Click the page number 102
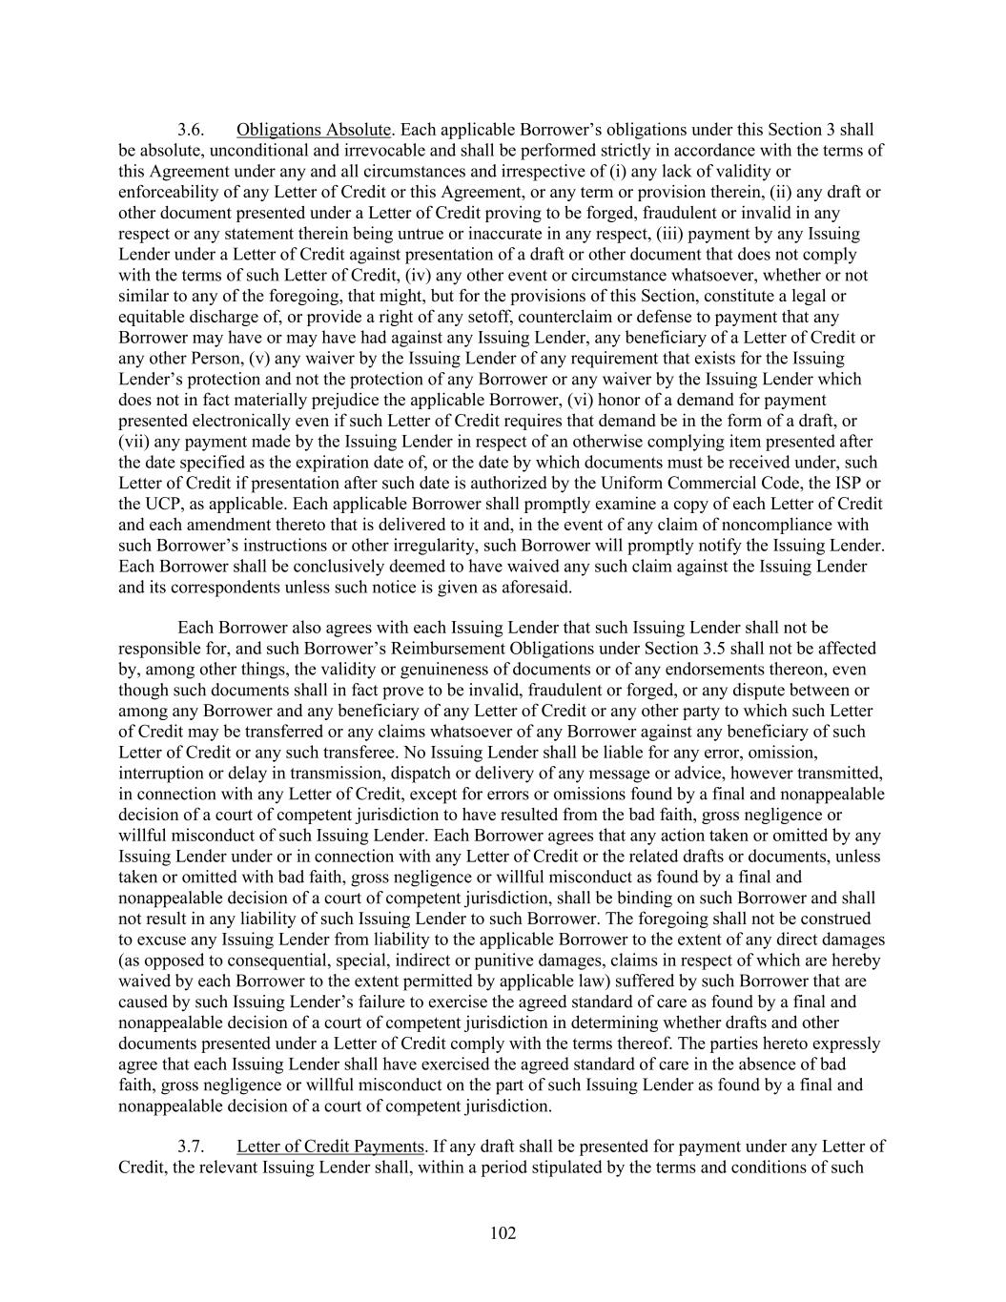tap(503, 1233)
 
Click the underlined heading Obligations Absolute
tap(314, 130)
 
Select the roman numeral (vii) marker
tap(133, 442)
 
